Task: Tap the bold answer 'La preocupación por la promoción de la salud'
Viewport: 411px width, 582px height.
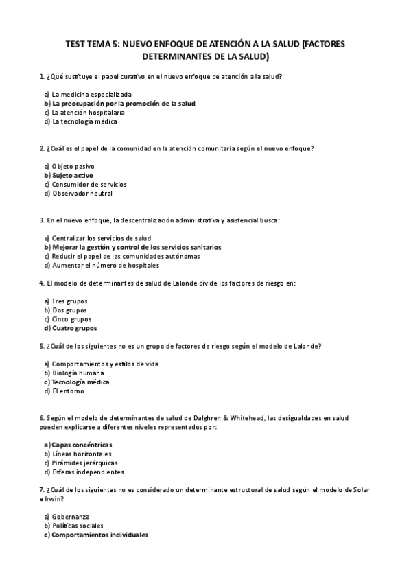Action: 124,103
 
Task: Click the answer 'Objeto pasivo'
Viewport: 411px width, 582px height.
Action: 73,166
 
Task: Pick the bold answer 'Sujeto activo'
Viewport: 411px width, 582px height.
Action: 73,175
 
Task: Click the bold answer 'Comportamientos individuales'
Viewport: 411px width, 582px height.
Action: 99,535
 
